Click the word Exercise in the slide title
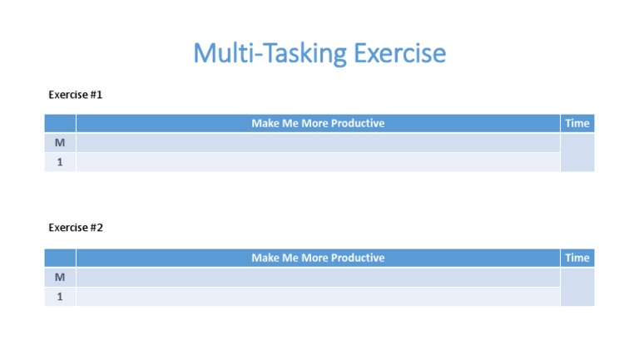pos(399,54)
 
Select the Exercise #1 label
pos(76,95)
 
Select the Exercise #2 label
pos(76,228)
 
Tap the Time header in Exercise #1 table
pos(577,123)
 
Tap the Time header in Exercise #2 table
pos(577,258)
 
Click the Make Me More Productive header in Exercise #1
pos(318,123)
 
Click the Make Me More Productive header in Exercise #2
pos(318,258)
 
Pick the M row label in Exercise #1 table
pos(60,143)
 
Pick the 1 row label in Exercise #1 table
pos(60,162)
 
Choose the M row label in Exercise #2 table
pos(60,277)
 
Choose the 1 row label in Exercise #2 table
pos(60,297)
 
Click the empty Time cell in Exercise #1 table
pos(577,153)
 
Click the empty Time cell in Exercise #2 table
pos(577,287)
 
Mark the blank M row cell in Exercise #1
pos(318,143)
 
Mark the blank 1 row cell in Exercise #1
pos(318,162)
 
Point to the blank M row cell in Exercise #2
pos(318,277)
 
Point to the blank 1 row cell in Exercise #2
pos(318,297)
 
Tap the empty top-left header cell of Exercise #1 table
pos(60,123)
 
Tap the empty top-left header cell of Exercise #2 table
pos(60,258)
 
